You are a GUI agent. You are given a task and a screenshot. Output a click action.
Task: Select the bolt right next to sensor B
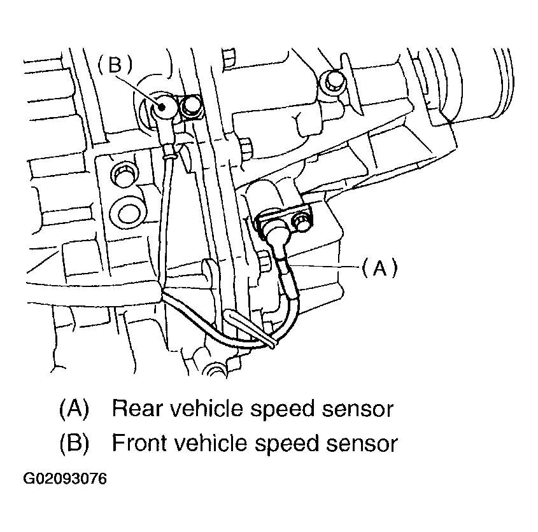point(190,108)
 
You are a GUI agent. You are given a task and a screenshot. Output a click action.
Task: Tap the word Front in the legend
point(138,444)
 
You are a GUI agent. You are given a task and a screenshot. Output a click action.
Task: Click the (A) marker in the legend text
point(74,409)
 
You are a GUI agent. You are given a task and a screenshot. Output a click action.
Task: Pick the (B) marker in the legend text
point(74,444)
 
